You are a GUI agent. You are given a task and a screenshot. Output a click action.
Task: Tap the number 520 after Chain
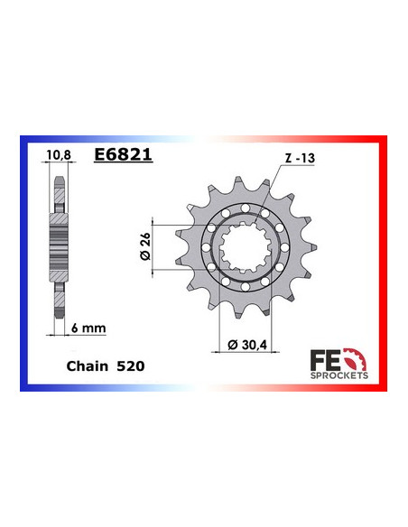pos(128,369)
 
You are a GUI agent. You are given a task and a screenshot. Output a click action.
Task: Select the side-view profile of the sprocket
pos(58,239)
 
